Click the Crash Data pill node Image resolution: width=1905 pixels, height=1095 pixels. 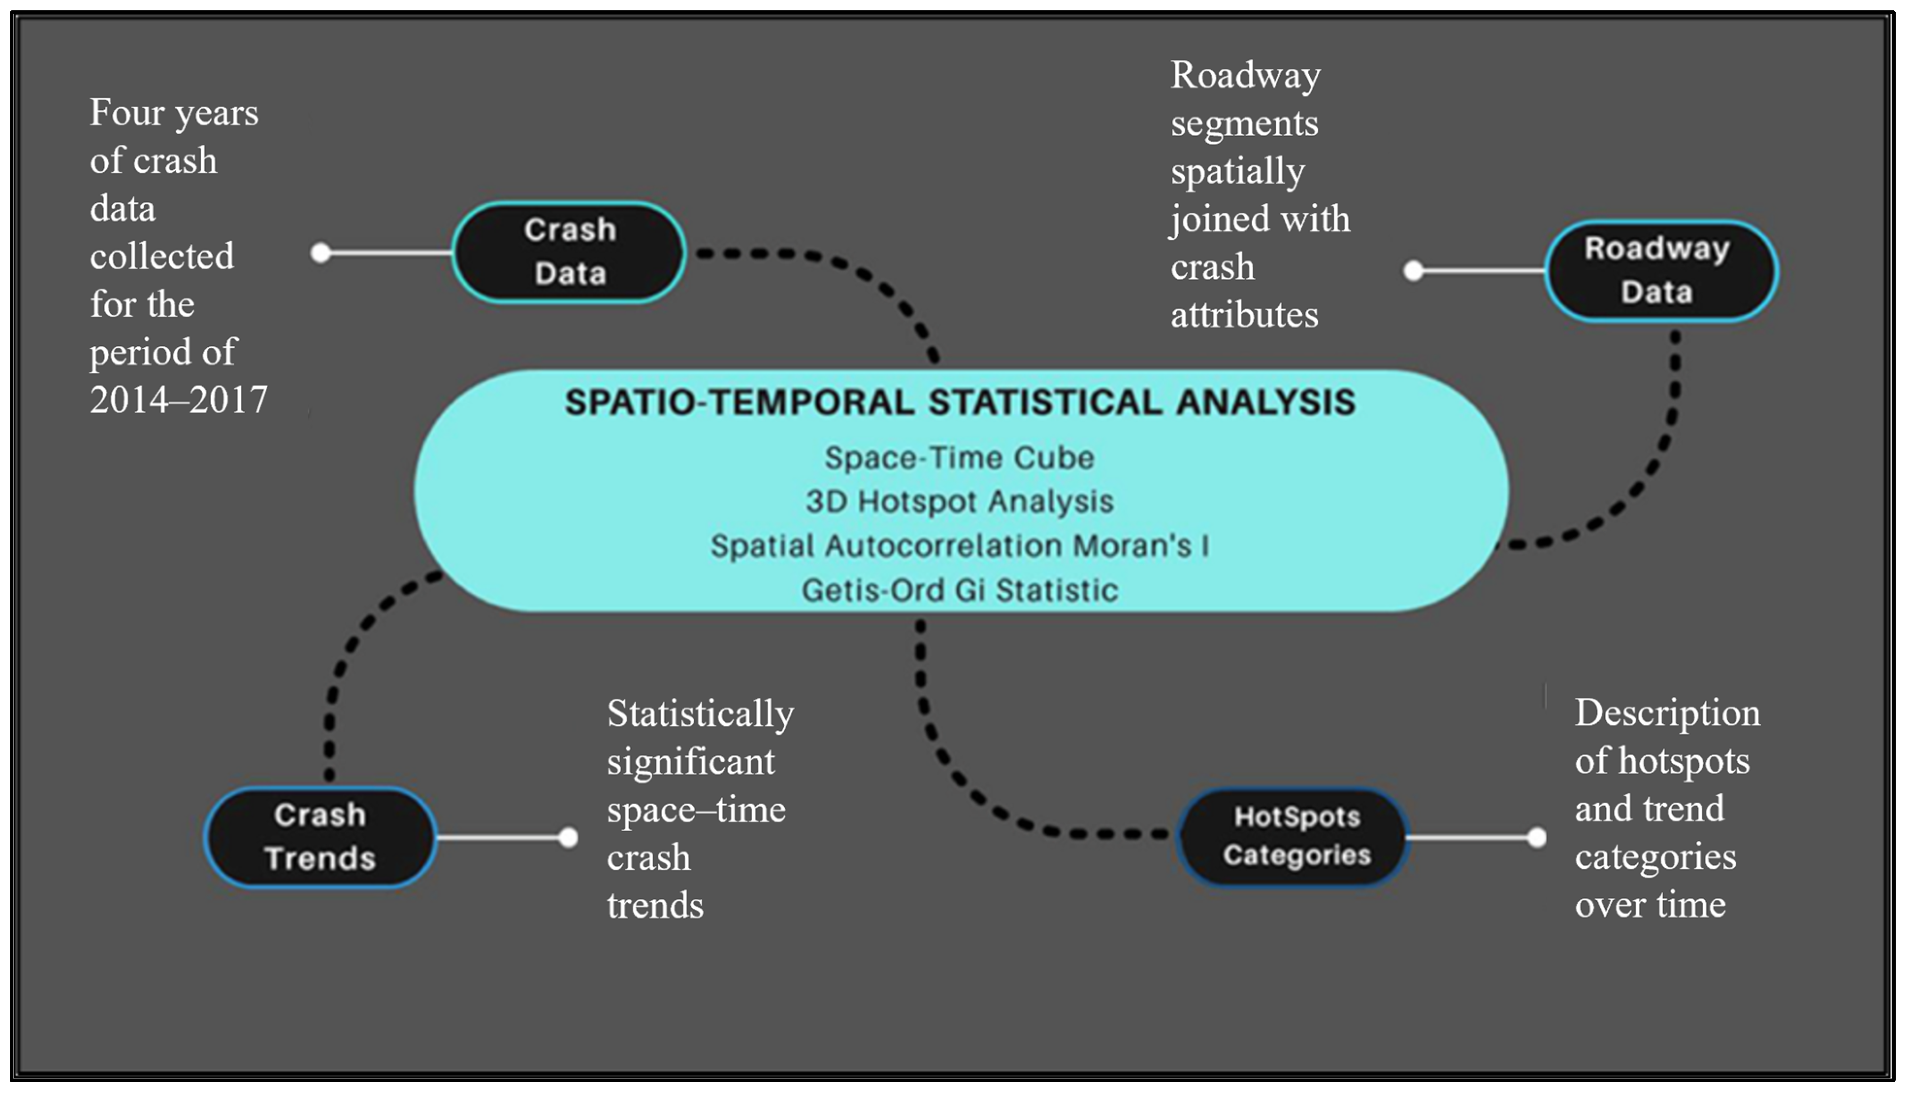[569, 252]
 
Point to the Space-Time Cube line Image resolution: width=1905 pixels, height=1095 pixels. [959, 457]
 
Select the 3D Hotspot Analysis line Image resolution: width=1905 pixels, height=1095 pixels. [959, 501]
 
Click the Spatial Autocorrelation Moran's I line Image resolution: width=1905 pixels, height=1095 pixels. [959, 545]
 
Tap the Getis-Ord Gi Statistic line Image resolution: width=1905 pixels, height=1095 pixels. [959, 590]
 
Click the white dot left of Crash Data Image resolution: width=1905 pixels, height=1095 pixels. [321, 253]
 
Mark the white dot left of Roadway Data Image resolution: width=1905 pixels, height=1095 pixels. [1414, 271]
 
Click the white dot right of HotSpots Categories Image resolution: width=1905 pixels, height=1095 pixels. [1536, 837]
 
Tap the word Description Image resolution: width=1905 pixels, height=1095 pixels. [1667, 714]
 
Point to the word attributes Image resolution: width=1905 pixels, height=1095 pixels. [1244, 314]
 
